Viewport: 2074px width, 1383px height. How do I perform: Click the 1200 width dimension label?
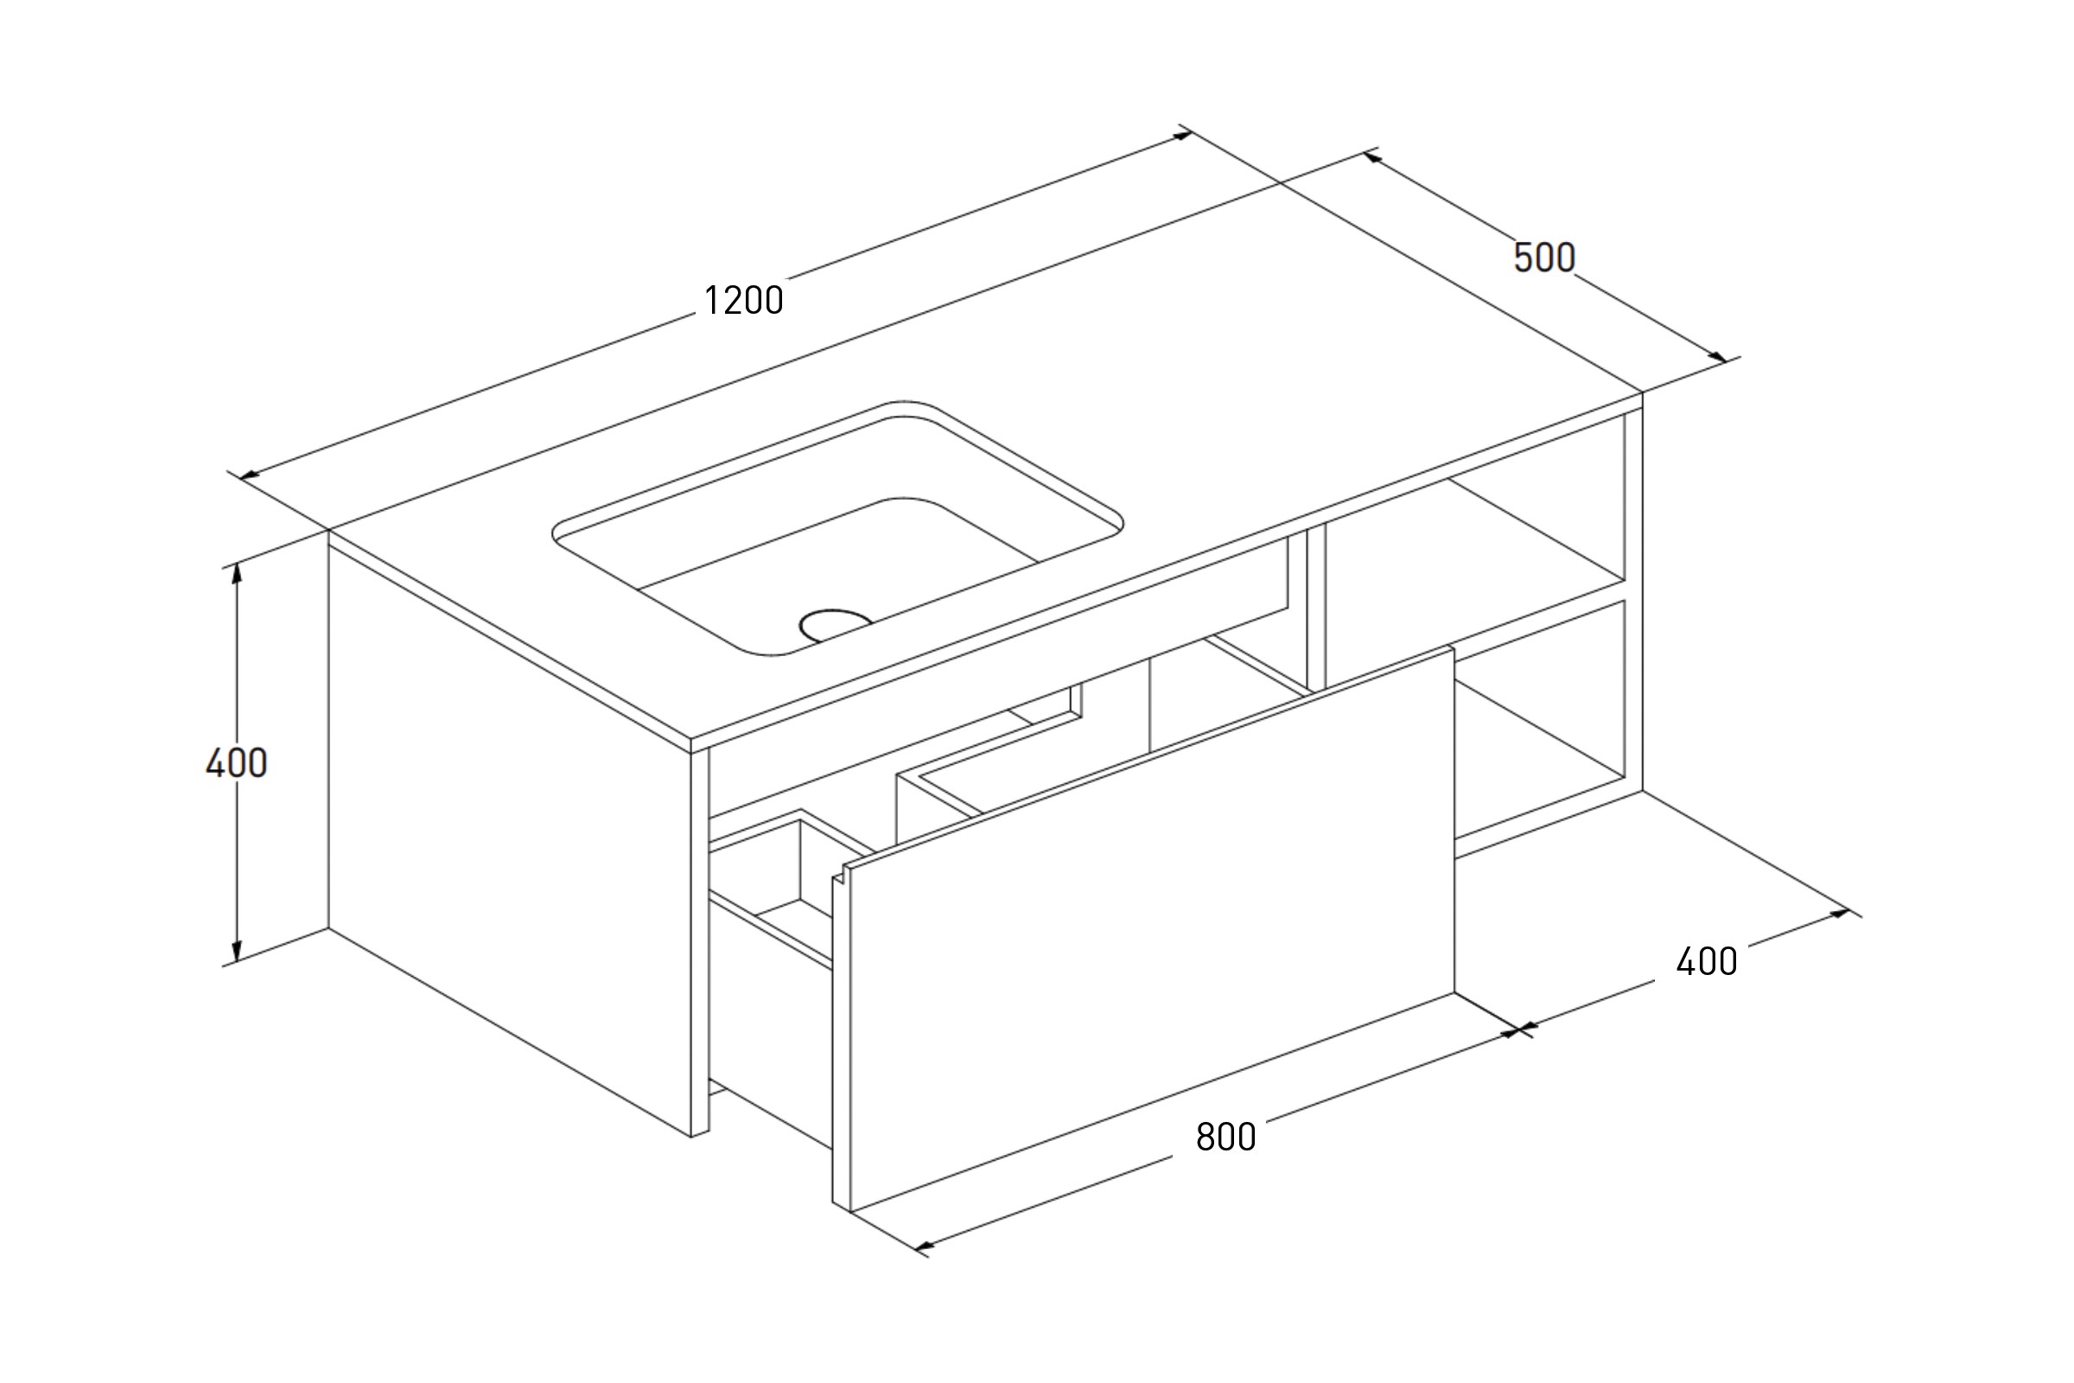[743, 301]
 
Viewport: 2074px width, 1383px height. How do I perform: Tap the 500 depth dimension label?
[1544, 258]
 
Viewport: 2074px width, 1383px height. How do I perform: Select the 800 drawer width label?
[1225, 1137]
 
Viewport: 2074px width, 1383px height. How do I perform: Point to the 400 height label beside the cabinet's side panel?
[236, 763]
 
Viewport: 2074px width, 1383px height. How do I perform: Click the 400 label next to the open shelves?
[1706, 961]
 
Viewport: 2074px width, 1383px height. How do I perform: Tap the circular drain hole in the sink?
[834, 623]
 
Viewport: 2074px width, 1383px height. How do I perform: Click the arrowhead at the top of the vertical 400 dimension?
[236, 573]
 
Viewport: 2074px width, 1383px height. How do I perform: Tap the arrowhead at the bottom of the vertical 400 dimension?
[236, 952]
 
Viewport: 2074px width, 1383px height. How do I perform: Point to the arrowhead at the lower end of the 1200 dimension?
[250, 476]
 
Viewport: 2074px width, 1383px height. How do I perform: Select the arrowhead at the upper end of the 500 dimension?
[1371, 157]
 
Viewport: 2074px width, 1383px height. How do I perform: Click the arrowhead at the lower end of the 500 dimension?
[1718, 356]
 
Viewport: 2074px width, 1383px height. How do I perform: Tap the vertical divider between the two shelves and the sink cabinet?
[1315, 609]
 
